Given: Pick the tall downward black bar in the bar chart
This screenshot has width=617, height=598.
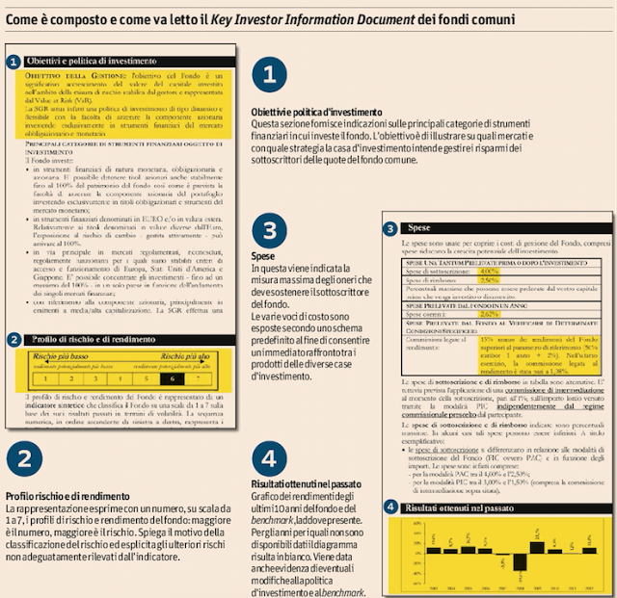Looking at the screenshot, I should click(516, 559).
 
